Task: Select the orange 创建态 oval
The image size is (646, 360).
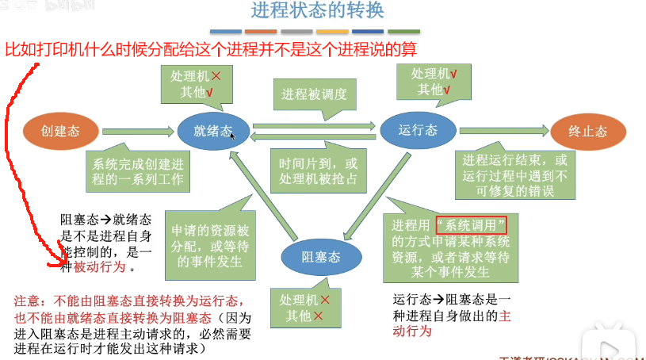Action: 61,130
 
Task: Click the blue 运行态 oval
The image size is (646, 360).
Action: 418,130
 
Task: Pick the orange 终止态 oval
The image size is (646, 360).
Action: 589,131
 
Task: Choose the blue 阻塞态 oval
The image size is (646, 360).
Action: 321,256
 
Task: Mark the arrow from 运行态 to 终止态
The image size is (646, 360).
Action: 503,130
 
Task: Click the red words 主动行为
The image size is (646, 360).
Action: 484,316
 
